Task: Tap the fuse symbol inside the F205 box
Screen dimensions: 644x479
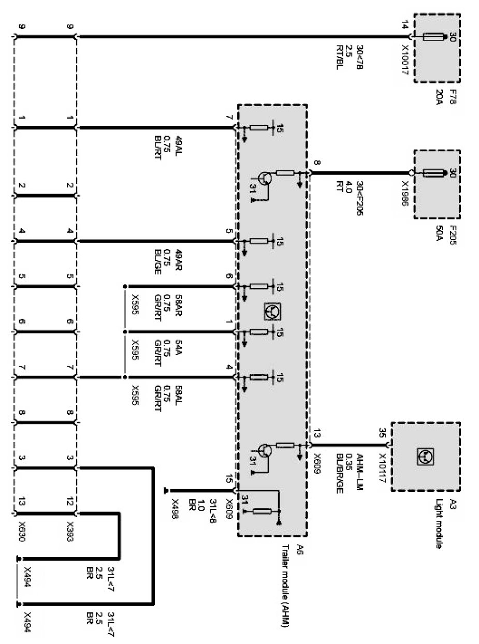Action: pos(434,173)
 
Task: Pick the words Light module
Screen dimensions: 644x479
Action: pos(440,523)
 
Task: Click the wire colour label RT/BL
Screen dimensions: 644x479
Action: pos(340,58)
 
